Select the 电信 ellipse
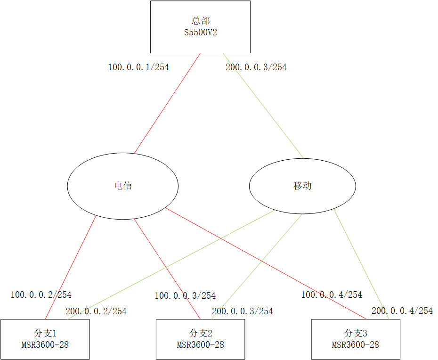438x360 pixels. pos(123,186)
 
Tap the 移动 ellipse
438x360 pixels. pos(302,186)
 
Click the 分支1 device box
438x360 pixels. pos(45,339)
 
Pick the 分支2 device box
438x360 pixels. pos(200,339)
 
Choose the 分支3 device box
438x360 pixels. pos(356,339)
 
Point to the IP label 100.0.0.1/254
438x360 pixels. pos(138,67)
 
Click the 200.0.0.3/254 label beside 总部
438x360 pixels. pos(256,67)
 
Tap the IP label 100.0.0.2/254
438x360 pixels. pos(41,295)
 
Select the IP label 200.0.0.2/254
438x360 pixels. pos(96,311)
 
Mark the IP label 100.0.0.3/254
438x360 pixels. pos(185,296)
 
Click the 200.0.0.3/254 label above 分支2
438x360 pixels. pos(243,311)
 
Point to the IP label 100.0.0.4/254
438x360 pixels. pos(332,295)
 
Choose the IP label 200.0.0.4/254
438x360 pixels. pos(402,311)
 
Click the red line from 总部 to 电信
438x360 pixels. pos(168,103)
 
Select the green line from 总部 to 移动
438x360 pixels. pos(263,105)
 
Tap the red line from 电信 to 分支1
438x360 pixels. pos(71,267)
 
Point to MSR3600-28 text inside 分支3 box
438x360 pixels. pos(356,345)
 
